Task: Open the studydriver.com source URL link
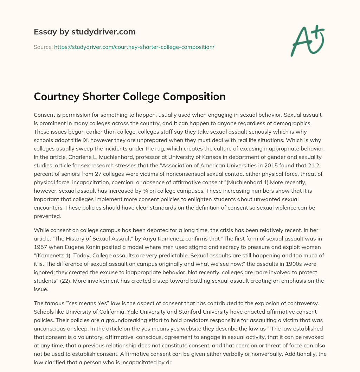[x=134, y=47]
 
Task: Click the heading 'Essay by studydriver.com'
[x=84, y=32]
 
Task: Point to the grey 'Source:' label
[x=43, y=47]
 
